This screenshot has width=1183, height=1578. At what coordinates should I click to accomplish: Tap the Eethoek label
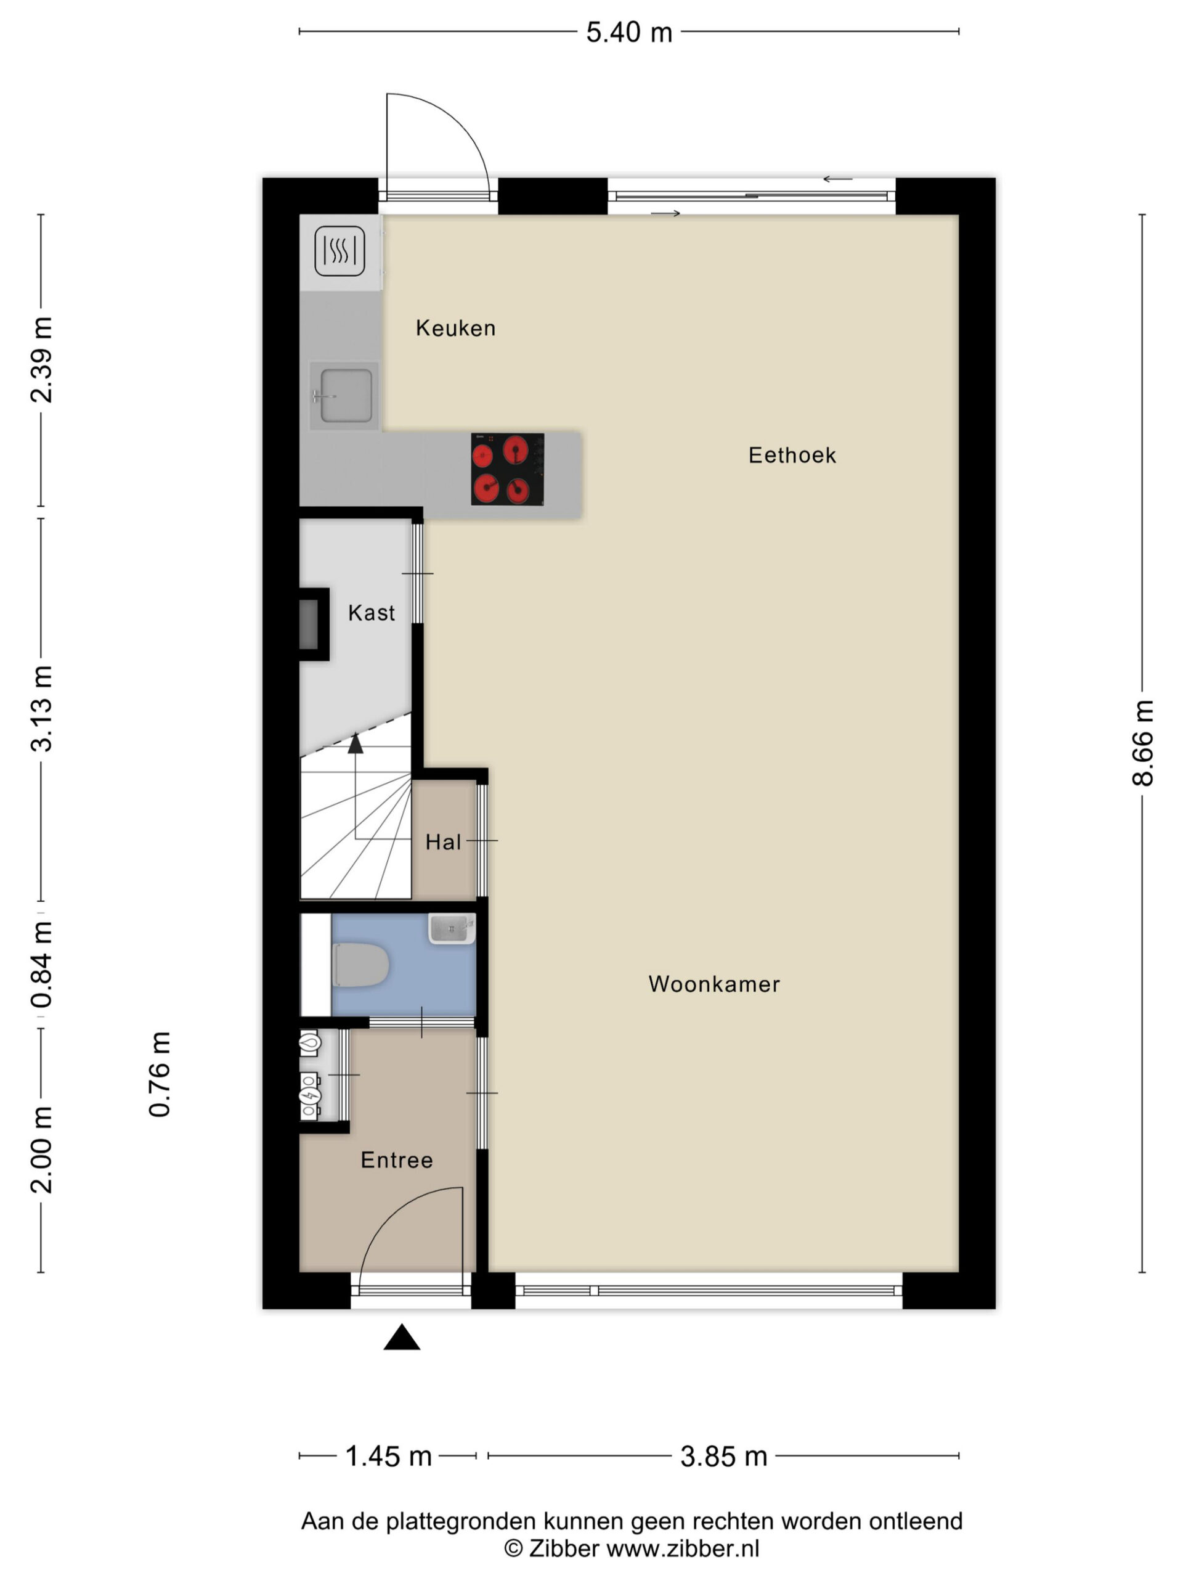[x=792, y=455]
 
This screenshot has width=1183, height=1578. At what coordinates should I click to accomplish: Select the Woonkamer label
[x=713, y=984]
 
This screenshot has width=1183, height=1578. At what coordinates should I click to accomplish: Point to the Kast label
[x=372, y=613]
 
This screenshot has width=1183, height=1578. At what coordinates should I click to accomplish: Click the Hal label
[x=444, y=843]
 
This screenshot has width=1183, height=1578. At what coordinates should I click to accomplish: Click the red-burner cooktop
[x=507, y=470]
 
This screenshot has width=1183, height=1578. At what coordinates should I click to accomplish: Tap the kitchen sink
[x=345, y=395]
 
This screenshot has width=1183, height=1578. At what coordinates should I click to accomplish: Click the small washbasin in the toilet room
[x=452, y=929]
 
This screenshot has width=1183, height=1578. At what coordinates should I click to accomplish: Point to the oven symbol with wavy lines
[x=340, y=251]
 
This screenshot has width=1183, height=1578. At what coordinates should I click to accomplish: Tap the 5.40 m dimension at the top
[x=629, y=33]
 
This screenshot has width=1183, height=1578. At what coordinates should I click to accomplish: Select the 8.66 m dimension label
[x=1142, y=743]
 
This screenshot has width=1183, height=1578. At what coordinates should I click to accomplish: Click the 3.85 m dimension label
[x=723, y=1457]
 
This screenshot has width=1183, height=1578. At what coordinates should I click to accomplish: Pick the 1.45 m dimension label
[x=389, y=1457]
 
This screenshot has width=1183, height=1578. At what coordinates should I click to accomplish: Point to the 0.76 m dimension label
[x=160, y=1074]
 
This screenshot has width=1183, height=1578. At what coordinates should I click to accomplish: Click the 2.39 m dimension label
[x=42, y=360]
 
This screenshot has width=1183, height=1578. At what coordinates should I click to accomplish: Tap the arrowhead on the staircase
[x=355, y=743]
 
